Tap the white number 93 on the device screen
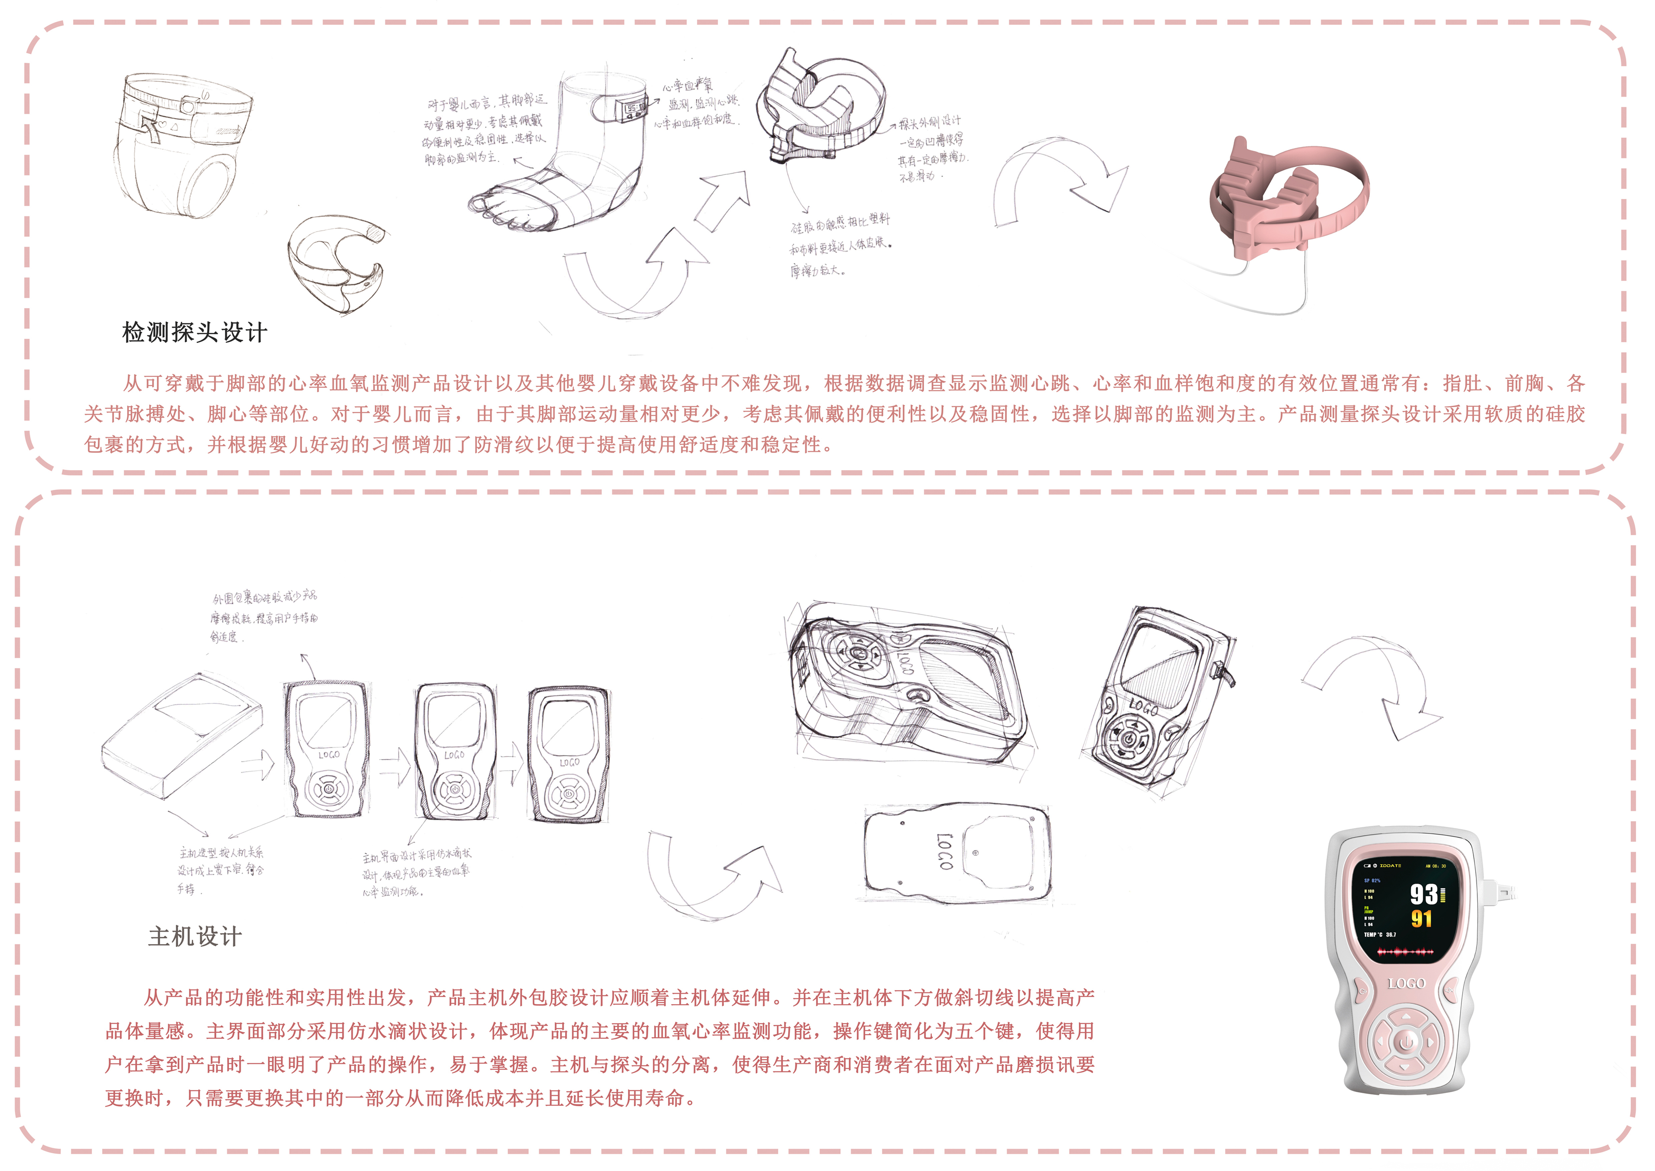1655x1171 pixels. coord(1423,895)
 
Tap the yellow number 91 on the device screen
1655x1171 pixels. coord(1421,919)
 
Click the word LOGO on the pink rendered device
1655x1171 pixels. coord(1406,983)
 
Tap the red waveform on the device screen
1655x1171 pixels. coord(1405,952)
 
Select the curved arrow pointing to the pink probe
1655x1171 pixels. coord(1060,180)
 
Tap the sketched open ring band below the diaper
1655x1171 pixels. coord(335,263)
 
